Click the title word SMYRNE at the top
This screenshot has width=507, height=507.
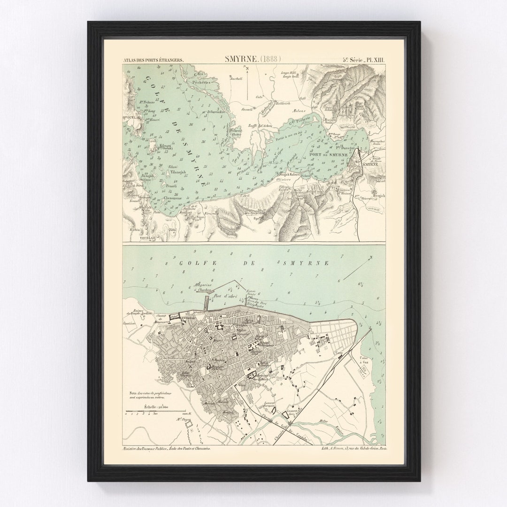[x=241, y=60]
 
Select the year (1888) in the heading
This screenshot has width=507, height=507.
[x=271, y=60]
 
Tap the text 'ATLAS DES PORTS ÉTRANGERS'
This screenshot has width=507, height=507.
[x=153, y=60]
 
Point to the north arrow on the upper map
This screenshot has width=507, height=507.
[x=246, y=77]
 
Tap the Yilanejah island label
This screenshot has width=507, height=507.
[x=177, y=172]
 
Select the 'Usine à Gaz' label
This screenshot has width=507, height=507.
[x=364, y=361]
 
